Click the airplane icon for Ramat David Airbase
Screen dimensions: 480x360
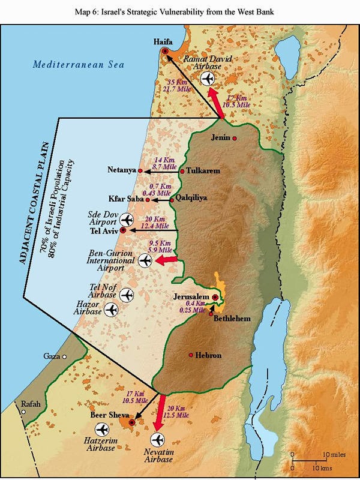coord(209,79)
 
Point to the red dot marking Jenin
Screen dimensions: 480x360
coord(235,139)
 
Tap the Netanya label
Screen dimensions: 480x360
coord(121,170)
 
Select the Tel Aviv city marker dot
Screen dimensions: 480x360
coord(123,230)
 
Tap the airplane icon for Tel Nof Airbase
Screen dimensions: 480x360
coord(126,295)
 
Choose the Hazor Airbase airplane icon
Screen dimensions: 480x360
coord(110,310)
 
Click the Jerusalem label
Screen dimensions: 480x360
coord(190,297)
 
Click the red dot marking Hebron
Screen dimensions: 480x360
coord(191,355)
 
